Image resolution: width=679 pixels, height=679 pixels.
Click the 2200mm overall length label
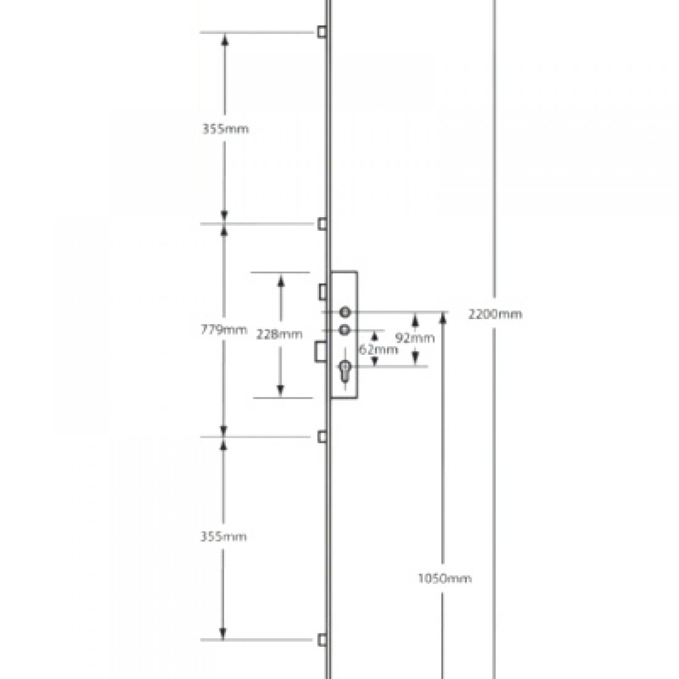coord(495,314)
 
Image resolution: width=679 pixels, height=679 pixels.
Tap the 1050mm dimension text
coord(444,578)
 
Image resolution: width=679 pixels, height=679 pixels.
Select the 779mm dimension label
coord(224,330)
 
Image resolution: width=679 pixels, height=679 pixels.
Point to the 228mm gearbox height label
coord(280,334)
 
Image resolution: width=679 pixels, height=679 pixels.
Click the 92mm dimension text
coord(415,338)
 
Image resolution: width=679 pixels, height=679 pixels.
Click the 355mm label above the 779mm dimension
coord(225,130)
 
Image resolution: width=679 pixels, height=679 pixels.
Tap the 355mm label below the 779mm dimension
coord(223,537)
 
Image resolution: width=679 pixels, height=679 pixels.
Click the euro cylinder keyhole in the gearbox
coord(344,371)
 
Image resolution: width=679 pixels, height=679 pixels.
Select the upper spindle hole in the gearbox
coord(344,312)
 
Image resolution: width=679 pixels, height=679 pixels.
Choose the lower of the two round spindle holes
coord(344,329)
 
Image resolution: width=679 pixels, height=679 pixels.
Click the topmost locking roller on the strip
coord(322,31)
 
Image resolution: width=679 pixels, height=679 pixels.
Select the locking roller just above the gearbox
coord(322,223)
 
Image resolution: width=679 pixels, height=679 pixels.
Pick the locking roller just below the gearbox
coord(322,437)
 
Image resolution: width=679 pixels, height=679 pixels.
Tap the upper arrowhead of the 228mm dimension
coord(280,281)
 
